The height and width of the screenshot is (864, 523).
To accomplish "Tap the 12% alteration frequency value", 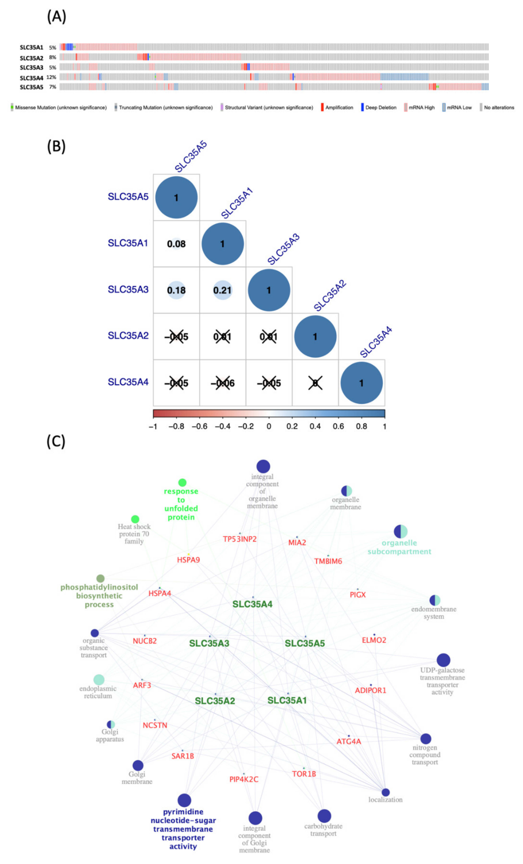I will point(51,77).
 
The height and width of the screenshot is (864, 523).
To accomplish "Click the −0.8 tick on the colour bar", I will point(176,426).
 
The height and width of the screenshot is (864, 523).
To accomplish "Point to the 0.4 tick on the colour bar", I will point(315,426).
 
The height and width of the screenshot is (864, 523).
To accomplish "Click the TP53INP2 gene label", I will point(240,539).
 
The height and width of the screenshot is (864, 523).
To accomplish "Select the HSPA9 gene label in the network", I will point(188,560).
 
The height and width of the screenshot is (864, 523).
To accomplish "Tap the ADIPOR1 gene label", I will point(371,690).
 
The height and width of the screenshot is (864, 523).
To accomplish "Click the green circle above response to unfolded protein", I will point(182,482).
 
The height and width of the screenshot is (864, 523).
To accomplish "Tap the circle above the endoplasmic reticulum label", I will point(99,679).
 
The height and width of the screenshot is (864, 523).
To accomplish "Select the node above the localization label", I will point(386,792).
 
